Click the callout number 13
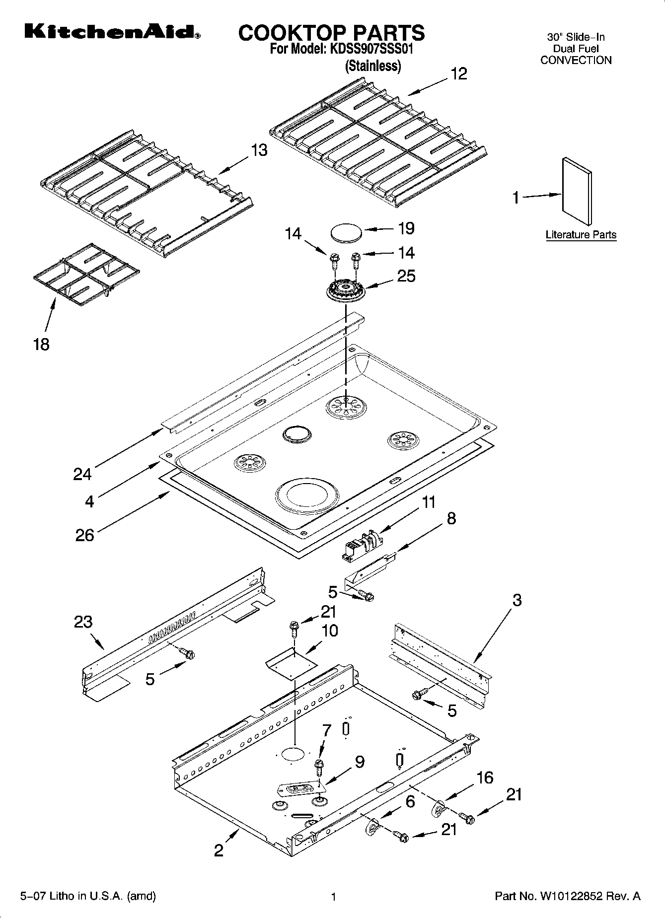(259, 150)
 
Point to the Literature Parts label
(581, 235)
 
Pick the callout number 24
(82, 475)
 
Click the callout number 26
(84, 535)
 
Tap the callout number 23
(83, 621)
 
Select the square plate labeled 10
(292, 665)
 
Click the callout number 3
(517, 600)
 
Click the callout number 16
(485, 777)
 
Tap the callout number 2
(219, 850)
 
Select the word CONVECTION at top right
(576, 61)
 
